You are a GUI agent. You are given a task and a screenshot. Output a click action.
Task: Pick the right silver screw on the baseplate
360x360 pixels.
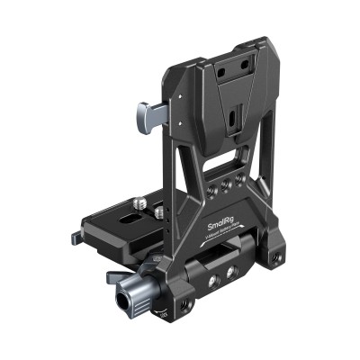click(159, 214)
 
